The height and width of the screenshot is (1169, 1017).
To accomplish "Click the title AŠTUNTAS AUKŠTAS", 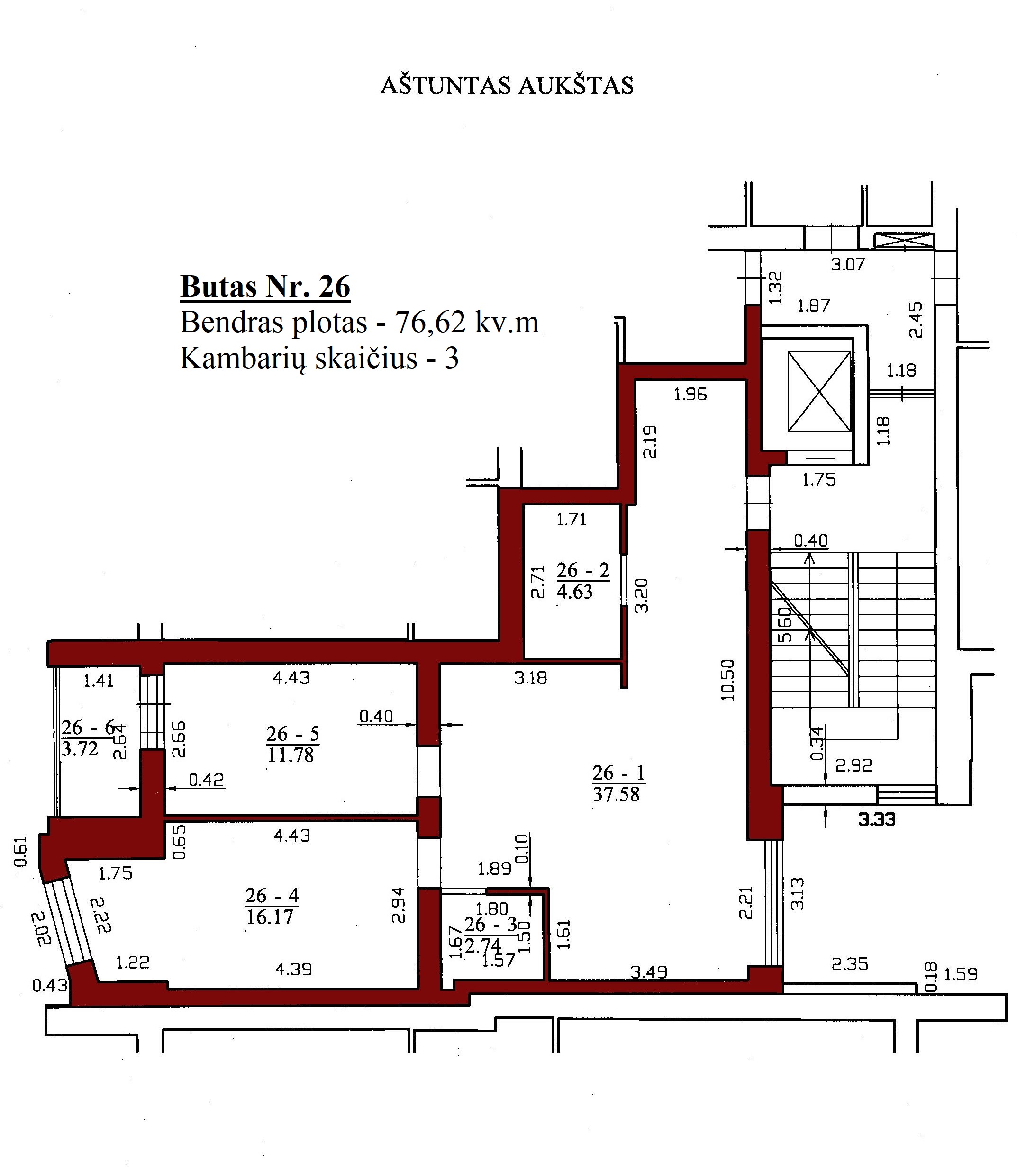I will (507, 86).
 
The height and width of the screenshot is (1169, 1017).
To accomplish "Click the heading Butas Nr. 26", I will (265, 287).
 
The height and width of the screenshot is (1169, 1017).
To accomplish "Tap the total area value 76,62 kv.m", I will (466, 323).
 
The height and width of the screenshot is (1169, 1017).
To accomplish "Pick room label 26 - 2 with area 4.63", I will (582, 581).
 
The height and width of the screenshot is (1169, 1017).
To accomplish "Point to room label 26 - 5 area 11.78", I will (292, 744).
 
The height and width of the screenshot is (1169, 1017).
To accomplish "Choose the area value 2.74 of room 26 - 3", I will (483, 945).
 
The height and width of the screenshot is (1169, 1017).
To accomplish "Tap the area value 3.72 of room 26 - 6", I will (80, 749).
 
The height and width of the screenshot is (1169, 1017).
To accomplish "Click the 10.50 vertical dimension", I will (727, 680).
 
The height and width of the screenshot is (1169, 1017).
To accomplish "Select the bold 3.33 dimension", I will (877, 819).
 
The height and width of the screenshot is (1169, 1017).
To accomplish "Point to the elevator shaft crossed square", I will (819, 391).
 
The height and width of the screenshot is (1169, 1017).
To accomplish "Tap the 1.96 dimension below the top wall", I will (690, 394).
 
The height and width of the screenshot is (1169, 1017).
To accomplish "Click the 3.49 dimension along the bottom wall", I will (649, 972).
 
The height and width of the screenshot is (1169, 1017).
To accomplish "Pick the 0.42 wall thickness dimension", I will (207, 781).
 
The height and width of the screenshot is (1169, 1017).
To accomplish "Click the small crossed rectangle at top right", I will (903, 241).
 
